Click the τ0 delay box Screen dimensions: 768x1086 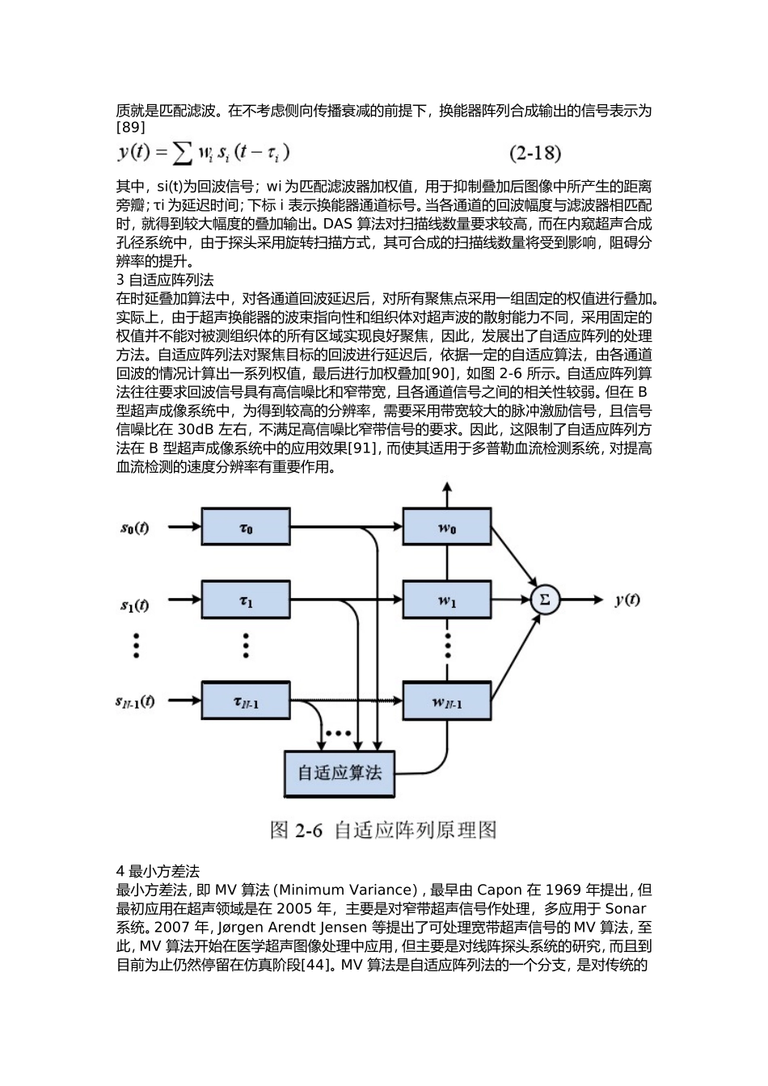[x=246, y=527]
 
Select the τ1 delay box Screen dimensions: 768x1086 [x=246, y=600]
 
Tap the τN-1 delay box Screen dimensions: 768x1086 [x=246, y=701]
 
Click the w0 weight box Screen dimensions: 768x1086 [x=447, y=527]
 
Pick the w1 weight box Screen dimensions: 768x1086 [x=447, y=600]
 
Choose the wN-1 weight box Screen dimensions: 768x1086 [x=447, y=701]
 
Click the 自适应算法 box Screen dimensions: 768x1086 [x=339, y=774]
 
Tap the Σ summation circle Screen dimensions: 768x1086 [x=546, y=600]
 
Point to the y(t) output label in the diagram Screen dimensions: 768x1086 [x=627, y=600]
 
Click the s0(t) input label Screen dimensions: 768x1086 [x=135, y=528]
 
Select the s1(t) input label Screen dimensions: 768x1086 [x=135, y=605]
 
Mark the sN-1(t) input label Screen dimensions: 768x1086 [x=135, y=701]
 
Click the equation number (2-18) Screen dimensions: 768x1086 [x=535, y=153]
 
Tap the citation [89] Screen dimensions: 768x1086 [x=130, y=128]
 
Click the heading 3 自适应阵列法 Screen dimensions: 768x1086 [x=165, y=280]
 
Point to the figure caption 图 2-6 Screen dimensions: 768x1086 [x=296, y=831]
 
